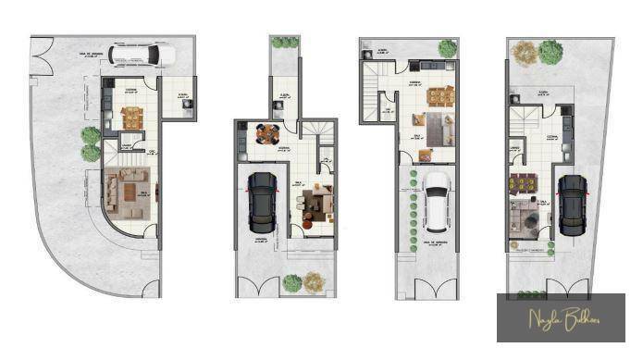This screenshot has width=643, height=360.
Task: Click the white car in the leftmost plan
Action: click(x=142, y=55)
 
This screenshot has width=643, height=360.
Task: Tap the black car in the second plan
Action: click(x=262, y=202)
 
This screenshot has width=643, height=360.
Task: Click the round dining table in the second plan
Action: click(x=268, y=134)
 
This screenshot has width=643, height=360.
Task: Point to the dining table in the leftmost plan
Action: click(x=132, y=118)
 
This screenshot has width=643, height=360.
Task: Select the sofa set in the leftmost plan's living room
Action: click(x=122, y=189)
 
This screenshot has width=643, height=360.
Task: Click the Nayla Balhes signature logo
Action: click(x=563, y=319)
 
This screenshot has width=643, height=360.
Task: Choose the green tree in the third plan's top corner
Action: click(x=449, y=48)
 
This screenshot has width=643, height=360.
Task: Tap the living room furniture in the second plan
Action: click(x=317, y=202)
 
